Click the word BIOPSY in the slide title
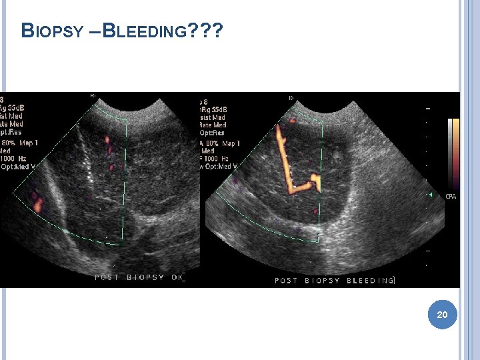[x=53, y=31]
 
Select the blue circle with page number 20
[x=442, y=313]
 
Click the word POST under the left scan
[x=107, y=277]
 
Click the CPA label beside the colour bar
[x=451, y=196]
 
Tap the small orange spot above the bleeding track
[x=291, y=121]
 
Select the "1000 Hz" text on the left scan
[x=13, y=159]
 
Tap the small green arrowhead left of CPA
[x=431, y=195]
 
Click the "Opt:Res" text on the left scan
[x=12, y=133]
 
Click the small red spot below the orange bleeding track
[x=315, y=211]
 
